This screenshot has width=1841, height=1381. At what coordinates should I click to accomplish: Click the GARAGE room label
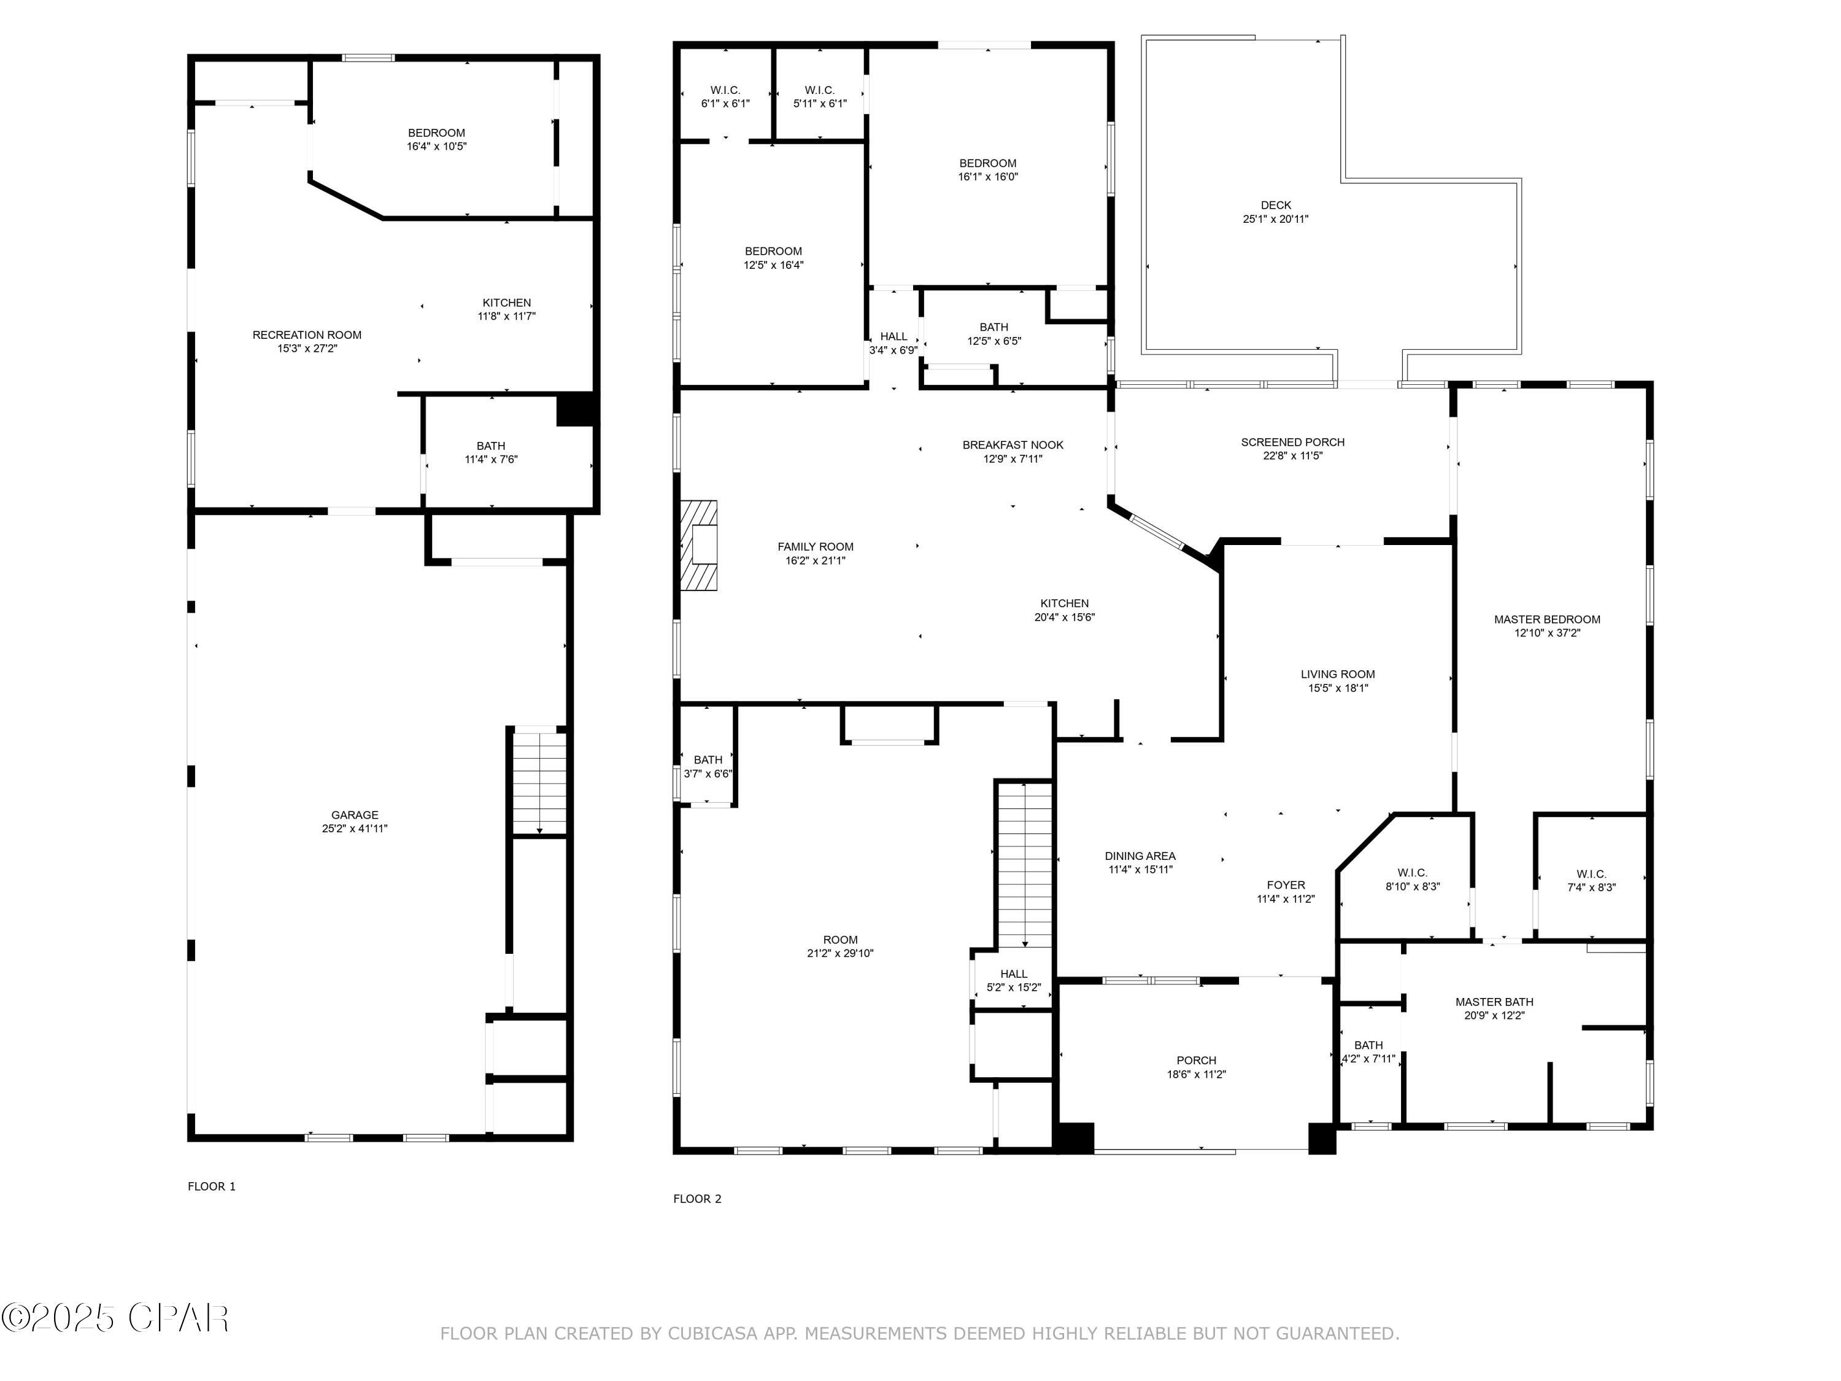click(x=355, y=815)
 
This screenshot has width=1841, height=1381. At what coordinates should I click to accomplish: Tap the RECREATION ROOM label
click(x=307, y=335)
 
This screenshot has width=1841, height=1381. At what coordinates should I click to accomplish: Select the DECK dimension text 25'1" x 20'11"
click(x=1275, y=219)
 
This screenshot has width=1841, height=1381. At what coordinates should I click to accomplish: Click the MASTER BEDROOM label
click(x=1546, y=619)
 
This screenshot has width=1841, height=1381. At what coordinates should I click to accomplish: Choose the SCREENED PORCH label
click(x=1292, y=442)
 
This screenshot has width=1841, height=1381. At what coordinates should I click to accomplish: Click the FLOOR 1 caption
click(x=211, y=1186)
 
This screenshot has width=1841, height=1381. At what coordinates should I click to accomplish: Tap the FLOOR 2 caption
click(x=697, y=1199)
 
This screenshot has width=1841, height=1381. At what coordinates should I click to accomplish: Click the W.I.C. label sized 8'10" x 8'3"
click(x=1413, y=872)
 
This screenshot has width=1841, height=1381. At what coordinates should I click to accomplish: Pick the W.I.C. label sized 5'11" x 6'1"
click(x=820, y=90)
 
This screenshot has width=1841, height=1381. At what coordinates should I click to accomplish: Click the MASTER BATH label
click(x=1494, y=1002)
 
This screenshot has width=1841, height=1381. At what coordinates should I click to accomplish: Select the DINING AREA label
click(x=1140, y=856)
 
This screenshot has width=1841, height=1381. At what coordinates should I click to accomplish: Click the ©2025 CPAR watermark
click(x=115, y=1318)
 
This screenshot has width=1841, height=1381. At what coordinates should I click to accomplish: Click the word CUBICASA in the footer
click(x=712, y=1334)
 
